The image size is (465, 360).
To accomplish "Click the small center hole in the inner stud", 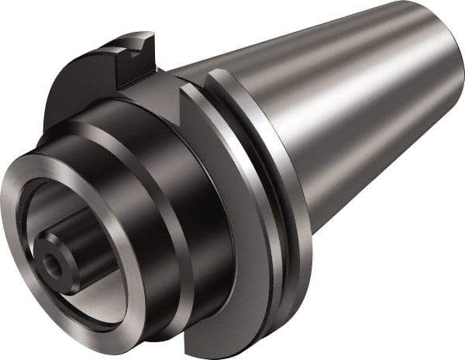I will click(x=52, y=261).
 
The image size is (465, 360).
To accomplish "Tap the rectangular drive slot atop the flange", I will click(x=133, y=53).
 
